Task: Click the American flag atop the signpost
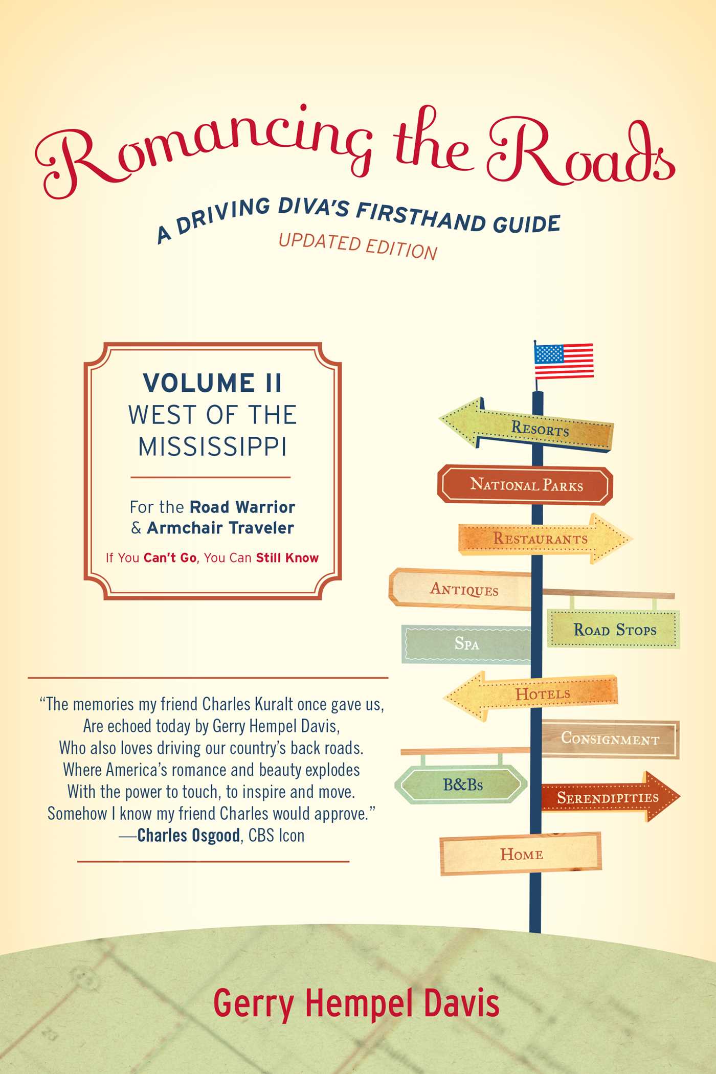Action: [564, 361]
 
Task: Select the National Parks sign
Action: [525, 484]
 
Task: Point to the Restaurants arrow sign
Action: [545, 539]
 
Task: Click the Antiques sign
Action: [460, 589]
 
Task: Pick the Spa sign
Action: [466, 643]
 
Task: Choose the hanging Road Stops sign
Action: [614, 629]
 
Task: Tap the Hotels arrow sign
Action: [531, 695]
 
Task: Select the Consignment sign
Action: [610, 739]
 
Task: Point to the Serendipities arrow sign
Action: [611, 797]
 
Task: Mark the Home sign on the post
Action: [521, 854]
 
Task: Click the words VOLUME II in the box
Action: [212, 383]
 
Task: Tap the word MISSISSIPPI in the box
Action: [212, 446]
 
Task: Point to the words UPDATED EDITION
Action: [358, 247]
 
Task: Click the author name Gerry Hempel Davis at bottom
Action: [356, 1003]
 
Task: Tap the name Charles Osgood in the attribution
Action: [189, 836]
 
